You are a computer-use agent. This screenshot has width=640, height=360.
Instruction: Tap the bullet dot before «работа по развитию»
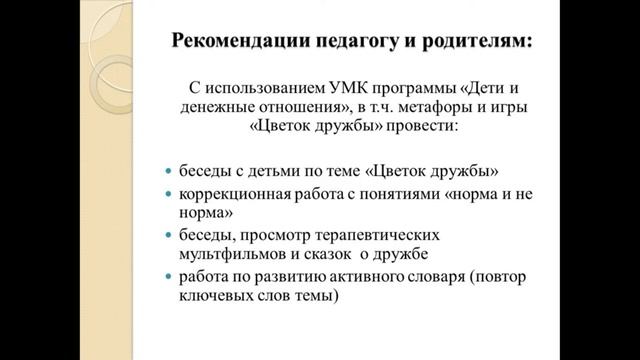click(x=168, y=277)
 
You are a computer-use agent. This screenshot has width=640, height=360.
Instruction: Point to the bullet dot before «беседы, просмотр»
click(x=168, y=234)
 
